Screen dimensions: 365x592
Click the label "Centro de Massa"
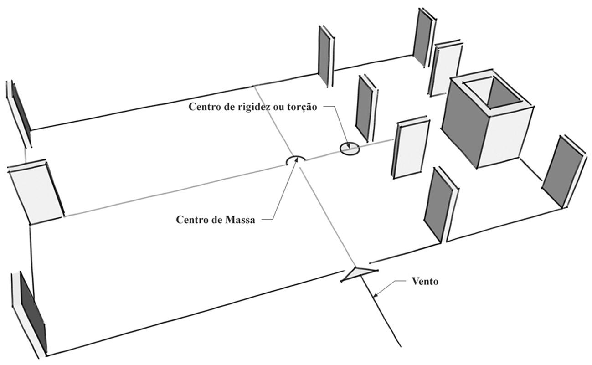(x=216, y=220)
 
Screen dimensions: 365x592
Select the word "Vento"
(x=425, y=281)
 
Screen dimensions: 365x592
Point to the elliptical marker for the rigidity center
(x=350, y=149)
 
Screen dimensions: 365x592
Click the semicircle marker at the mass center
(x=295, y=160)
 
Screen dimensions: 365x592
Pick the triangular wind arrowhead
(x=359, y=273)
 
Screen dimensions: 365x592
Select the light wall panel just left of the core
(x=410, y=149)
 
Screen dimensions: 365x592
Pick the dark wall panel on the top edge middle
(x=325, y=56)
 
